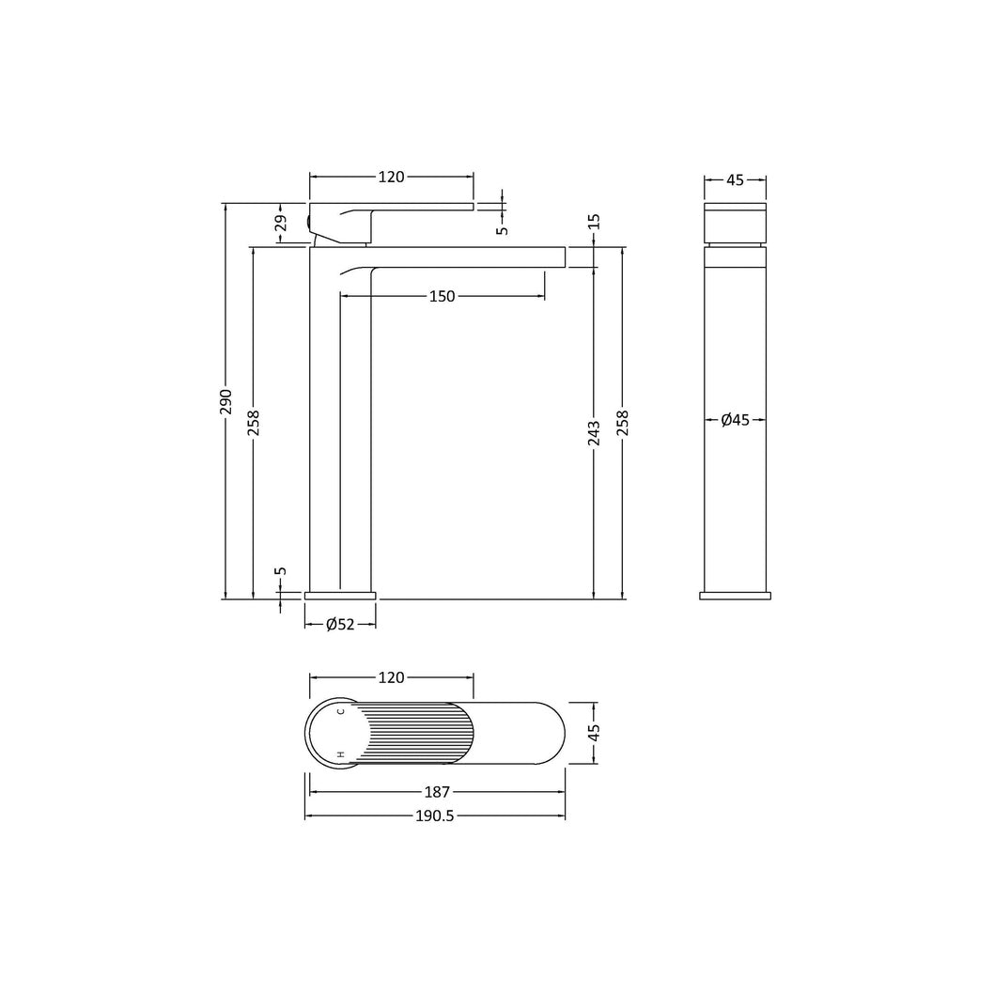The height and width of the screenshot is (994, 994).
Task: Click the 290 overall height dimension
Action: click(226, 402)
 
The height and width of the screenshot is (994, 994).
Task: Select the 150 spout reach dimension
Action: click(442, 296)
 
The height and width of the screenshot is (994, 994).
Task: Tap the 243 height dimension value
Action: click(594, 433)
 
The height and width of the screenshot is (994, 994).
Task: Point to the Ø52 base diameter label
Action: click(340, 625)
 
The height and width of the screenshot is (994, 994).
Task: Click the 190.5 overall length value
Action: click(435, 815)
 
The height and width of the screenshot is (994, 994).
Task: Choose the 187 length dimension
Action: click(437, 792)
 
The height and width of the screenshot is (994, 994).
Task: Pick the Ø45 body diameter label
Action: click(736, 420)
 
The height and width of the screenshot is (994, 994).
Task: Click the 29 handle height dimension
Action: click(281, 224)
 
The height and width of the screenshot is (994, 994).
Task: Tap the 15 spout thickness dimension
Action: click(594, 222)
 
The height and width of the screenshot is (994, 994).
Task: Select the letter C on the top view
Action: click(340, 711)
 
